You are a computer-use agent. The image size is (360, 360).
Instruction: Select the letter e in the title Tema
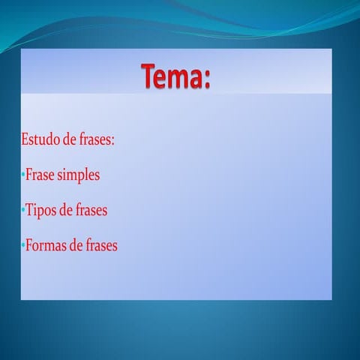pyautogui.click(x=165, y=81)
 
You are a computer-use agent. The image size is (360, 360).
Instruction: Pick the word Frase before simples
pyautogui.click(x=40, y=175)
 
